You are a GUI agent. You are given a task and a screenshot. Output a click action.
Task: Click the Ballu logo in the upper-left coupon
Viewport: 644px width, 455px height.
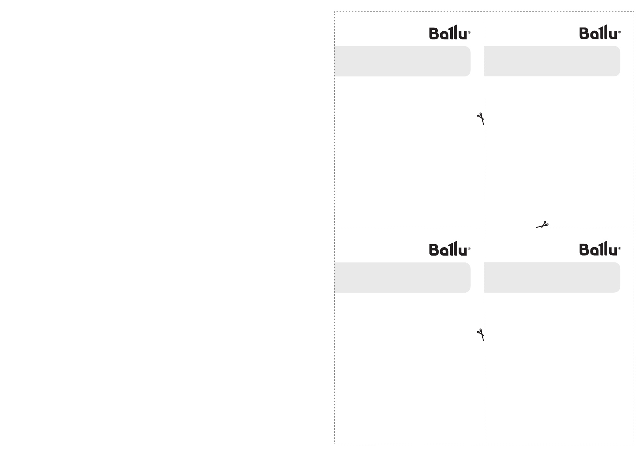point(449,33)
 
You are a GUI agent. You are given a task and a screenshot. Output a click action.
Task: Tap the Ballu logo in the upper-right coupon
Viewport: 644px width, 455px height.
point(600,33)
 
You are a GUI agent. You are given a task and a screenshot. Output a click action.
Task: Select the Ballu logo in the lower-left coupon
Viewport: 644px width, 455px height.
point(449,249)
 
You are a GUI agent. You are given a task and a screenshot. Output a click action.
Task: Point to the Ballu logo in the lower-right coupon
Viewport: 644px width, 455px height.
point(600,249)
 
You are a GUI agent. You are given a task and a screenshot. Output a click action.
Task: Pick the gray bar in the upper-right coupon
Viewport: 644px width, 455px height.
point(552,62)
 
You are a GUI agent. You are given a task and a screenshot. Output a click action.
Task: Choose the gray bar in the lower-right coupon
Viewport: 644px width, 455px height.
point(552,278)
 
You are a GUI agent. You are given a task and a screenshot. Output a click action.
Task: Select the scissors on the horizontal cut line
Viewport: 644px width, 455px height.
point(543,225)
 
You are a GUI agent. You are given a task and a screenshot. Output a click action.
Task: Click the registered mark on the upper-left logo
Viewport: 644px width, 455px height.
point(469,32)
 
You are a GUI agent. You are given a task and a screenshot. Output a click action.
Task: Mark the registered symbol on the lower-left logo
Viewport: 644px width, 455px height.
point(469,249)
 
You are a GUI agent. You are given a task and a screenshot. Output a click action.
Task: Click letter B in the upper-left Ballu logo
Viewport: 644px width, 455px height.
point(434,34)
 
